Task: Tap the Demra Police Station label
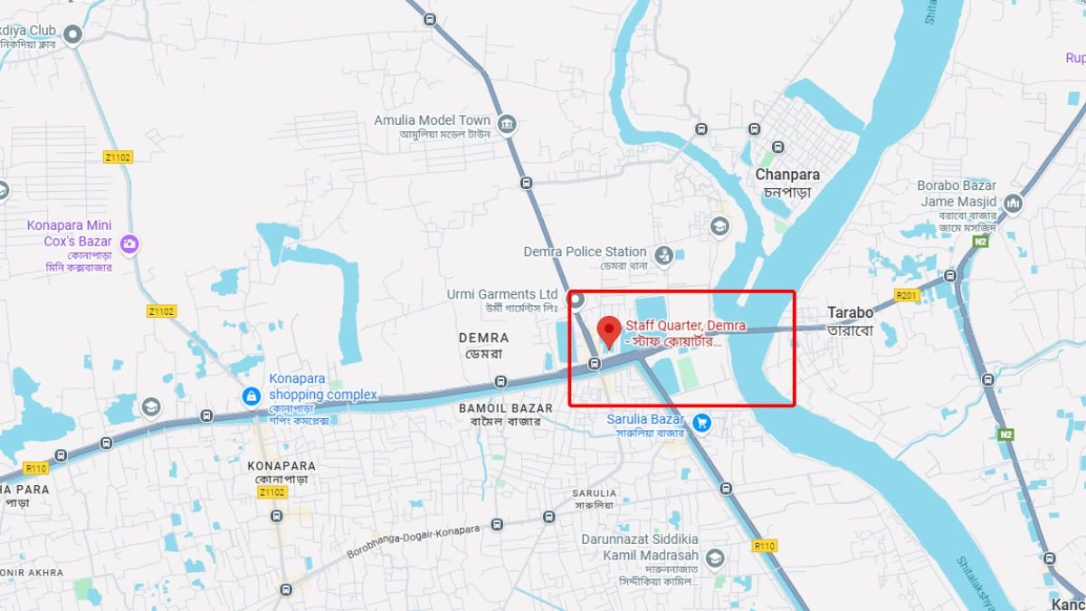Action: [x=585, y=252]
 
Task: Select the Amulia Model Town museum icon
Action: [x=507, y=124]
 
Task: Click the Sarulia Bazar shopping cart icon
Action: [x=700, y=422]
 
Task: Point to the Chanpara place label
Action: [x=787, y=175]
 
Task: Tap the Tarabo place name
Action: [x=850, y=313]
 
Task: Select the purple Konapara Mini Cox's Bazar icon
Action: [x=129, y=243]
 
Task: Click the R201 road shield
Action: [x=906, y=295]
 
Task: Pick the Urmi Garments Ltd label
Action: [x=502, y=294]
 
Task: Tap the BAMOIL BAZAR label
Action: [x=500, y=409]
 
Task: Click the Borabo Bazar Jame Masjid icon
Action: [x=1013, y=204]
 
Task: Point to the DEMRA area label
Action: [x=483, y=338]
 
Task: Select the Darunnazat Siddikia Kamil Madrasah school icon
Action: [x=715, y=557]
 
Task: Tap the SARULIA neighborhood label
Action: [x=594, y=493]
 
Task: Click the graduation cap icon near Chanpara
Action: [x=720, y=225]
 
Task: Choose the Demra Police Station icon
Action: [x=663, y=256]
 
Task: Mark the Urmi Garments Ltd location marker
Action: [x=576, y=299]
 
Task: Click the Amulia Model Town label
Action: [x=433, y=120]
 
